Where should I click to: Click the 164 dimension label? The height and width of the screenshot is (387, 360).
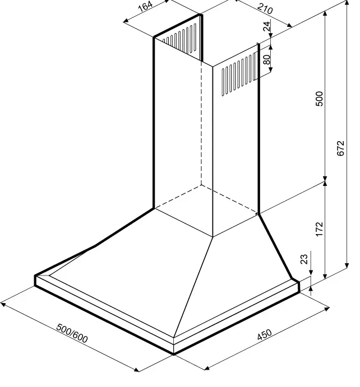pyautogui.click(x=146, y=7)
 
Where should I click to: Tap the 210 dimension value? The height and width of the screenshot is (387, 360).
pyautogui.click(x=265, y=8)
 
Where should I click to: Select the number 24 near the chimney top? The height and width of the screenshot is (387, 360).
pyautogui.click(x=267, y=27)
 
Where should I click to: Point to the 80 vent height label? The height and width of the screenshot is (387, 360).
pyautogui.click(x=267, y=59)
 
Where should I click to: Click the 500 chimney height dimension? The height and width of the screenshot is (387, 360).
pyautogui.click(x=319, y=99)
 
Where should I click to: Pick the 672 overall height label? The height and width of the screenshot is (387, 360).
pyautogui.click(x=340, y=148)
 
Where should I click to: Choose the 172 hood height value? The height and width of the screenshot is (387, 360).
pyautogui.click(x=319, y=229)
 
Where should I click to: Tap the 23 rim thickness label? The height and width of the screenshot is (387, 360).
pyautogui.click(x=304, y=259)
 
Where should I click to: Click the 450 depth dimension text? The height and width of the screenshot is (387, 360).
pyautogui.click(x=264, y=334)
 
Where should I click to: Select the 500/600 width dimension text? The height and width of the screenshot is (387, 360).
pyautogui.click(x=72, y=333)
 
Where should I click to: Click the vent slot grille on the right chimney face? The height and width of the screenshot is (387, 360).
pyautogui.click(x=238, y=74)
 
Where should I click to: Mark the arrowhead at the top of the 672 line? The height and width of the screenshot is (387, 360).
pyautogui.click(x=347, y=2)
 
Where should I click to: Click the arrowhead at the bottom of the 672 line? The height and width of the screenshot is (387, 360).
pyautogui.click(x=347, y=265)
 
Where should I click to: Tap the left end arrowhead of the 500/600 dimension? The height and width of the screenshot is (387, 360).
pyautogui.click(x=3, y=305)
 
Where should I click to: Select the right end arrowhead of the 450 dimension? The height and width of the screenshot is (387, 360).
pyautogui.click(x=327, y=309)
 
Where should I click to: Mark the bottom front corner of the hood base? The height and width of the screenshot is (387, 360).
pyautogui.click(x=174, y=355)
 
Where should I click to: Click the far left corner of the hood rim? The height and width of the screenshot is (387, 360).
pyautogui.click(x=35, y=276)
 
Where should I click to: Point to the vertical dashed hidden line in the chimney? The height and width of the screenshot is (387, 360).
pyautogui.click(x=201, y=123)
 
